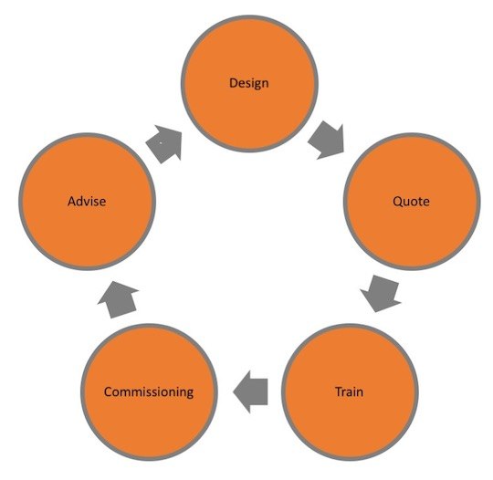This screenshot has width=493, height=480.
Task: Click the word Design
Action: pyautogui.click(x=249, y=83)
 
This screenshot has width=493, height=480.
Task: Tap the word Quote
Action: pyautogui.click(x=411, y=201)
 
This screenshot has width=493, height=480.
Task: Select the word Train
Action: pyautogui.click(x=350, y=391)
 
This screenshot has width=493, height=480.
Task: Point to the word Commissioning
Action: pyautogui.click(x=149, y=392)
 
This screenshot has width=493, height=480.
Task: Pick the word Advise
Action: pyautogui.click(x=87, y=201)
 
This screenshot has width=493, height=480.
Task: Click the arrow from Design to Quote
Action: pyautogui.click(x=327, y=141)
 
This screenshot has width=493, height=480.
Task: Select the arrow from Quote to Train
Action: pyautogui.click(x=381, y=294)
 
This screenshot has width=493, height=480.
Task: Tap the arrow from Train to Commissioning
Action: pyautogui.click(x=250, y=391)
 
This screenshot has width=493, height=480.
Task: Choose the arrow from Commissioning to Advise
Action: pyautogui.click(x=118, y=299)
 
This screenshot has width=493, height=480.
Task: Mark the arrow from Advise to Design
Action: pyautogui.click(x=164, y=144)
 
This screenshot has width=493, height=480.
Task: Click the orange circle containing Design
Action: pyautogui.click(x=249, y=84)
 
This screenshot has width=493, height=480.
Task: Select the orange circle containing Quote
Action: pyautogui.click(x=412, y=202)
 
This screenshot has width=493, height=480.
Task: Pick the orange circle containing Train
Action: pyautogui.click(x=350, y=392)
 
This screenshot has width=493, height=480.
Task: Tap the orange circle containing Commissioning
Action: pyautogui.click(x=149, y=392)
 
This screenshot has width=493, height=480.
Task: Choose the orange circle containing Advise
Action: pyautogui.click(x=87, y=202)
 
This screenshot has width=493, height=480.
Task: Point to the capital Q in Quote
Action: pyautogui.click(x=397, y=202)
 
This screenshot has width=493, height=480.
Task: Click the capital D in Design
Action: pyautogui.click(x=234, y=83)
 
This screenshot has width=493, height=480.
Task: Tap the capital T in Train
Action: pyautogui.click(x=340, y=391)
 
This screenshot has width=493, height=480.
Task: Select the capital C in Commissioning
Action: pyautogui.click(x=109, y=392)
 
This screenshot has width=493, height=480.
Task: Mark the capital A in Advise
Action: pyautogui.click(x=72, y=202)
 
